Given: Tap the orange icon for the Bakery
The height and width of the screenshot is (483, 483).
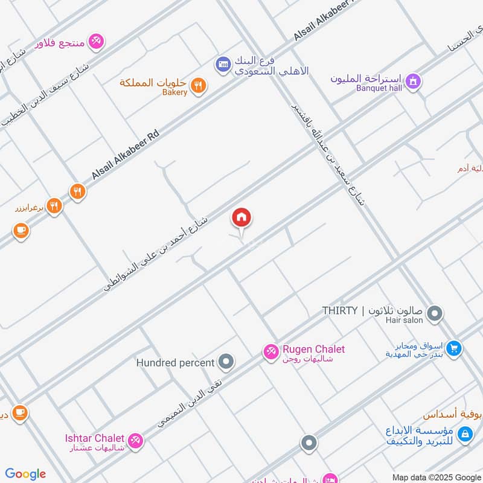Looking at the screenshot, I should [x=198, y=86].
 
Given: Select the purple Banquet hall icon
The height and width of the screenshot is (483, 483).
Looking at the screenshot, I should [x=413, y=80].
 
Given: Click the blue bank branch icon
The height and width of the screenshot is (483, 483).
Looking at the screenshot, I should [x=223, y=63].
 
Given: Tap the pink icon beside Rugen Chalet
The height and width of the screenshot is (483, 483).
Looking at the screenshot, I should [x=270, y=351].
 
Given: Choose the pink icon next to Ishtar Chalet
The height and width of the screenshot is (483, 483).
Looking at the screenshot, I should [x=136, y=440].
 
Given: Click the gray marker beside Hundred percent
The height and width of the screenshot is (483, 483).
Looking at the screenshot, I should [x=226, y=362].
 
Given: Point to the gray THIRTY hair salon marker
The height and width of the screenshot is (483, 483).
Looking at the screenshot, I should [x=434, y=313].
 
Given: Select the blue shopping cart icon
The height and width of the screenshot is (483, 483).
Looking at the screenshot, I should [x=455, y=348].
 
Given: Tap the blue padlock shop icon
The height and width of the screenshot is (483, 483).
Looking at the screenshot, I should [x=464, y=433].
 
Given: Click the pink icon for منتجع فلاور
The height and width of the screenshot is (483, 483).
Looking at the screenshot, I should [x=95, y=42].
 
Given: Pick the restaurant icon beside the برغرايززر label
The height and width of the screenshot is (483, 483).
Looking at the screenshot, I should [x=54, y=206].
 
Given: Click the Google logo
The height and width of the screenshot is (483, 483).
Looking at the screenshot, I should [x=25, y=474].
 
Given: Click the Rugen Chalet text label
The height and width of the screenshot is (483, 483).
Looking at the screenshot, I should [x=314, y=349].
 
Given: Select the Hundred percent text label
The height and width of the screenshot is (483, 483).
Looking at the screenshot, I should [x=175, y=363].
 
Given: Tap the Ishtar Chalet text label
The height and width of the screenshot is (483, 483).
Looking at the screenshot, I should [x=95, y=438].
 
